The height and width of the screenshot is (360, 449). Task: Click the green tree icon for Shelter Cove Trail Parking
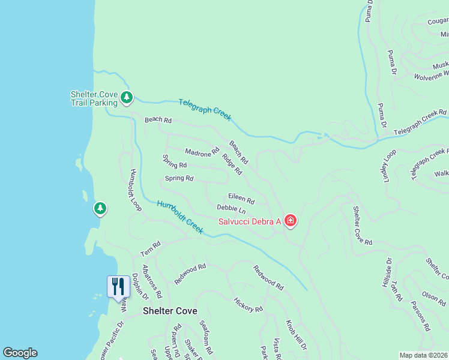pyautogui.click(x=126, y=97)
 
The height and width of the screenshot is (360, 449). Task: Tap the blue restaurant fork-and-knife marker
pyautogui.click(x=118, y=286)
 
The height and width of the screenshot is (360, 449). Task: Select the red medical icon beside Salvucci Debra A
pyautogui.click(x=291, y=221)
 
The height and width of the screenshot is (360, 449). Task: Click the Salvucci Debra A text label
pyautogui.click(x=249, y=222)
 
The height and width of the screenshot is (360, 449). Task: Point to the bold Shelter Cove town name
pyautogui.click(x=170, y=311)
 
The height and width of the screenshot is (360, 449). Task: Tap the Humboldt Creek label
pyautogui.click(x=180, y=217)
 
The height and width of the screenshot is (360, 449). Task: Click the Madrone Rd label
pyautogui.click(x=202, y=153)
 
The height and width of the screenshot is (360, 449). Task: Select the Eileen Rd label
pyautogui.click(x=241, y=199)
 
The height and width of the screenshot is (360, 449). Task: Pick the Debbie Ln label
pyautogui.click(x=231, y=209)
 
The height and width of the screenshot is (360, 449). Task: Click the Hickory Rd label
pyautogui.click(x=248, y=305)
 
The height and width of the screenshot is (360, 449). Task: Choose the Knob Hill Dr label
pyautogui.click(x=296, y=335)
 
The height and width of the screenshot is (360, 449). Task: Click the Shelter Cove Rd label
pyautogui.click(x=363, y=225)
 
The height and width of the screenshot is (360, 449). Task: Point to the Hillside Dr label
pyautogui.click(x=387, y=274)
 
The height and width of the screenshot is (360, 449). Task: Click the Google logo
pyautogui.click(x=20, y=353)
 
